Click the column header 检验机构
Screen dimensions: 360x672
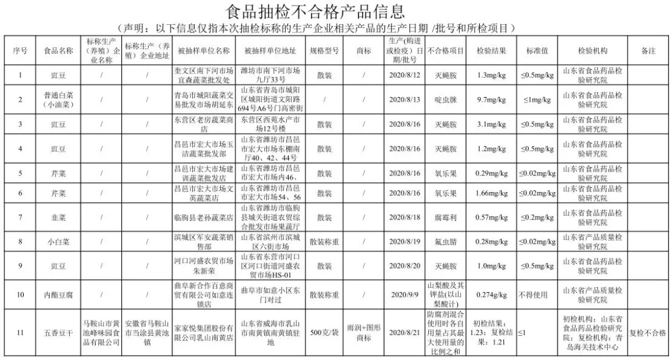pyautogui.click(x=592, y=51)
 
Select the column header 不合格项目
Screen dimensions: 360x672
pyautogui.click(x=446, y=51)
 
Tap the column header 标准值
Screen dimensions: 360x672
pyautogui.click(x=537, y=51)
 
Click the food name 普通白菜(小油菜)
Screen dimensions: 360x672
pyautogui.click(x=58, y=100)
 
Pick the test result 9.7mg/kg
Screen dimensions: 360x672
pyautogui.click(x=491, y=100)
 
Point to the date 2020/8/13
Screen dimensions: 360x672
pyautogui.click(x=404, y=100)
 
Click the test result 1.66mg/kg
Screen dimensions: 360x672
pyautogui.click(x=491, y=194)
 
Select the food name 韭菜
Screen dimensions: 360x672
pyautogui.click(x=58, y=218)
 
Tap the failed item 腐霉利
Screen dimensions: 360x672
pyautogui.click(x=446, y=218)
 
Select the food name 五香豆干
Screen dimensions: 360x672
pyautogui.click(x=58, y=333)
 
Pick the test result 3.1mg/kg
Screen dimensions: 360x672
pyautogui.click(x=491, y=124)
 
